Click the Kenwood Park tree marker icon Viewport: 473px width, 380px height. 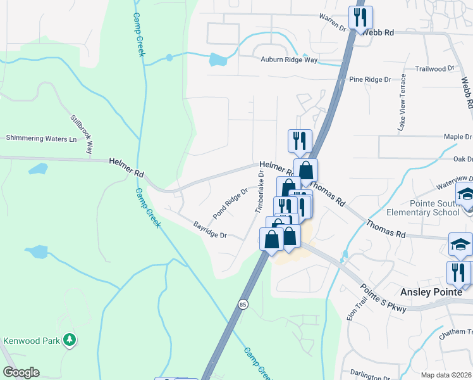pyautogui.click(x=70, y=341)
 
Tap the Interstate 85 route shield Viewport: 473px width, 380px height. pyautogui.click(x=243, y=305)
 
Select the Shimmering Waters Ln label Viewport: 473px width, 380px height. pyautogui.click(x=41, y=138)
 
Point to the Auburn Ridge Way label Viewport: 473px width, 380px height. pyautogui.click(x=288, y=60)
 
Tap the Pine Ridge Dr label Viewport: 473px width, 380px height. pyautogui.click(x=370, y=80)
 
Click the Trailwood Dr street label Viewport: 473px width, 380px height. pyautogui.click(x=435, y=68)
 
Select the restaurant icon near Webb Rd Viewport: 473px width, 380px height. pyautogui.click(x=360, y=17)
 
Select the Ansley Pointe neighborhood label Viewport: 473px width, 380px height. pyautogui.click(x=436, y=292)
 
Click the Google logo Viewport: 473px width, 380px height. pyautogui.click(x=21, y=372)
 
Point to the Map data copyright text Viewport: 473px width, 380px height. pyautogui.click(x=446, y=375)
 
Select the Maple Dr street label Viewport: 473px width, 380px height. pyautogui.click(x=458, y=136)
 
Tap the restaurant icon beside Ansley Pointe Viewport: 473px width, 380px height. pyautogui.click(x=458, y=272)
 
